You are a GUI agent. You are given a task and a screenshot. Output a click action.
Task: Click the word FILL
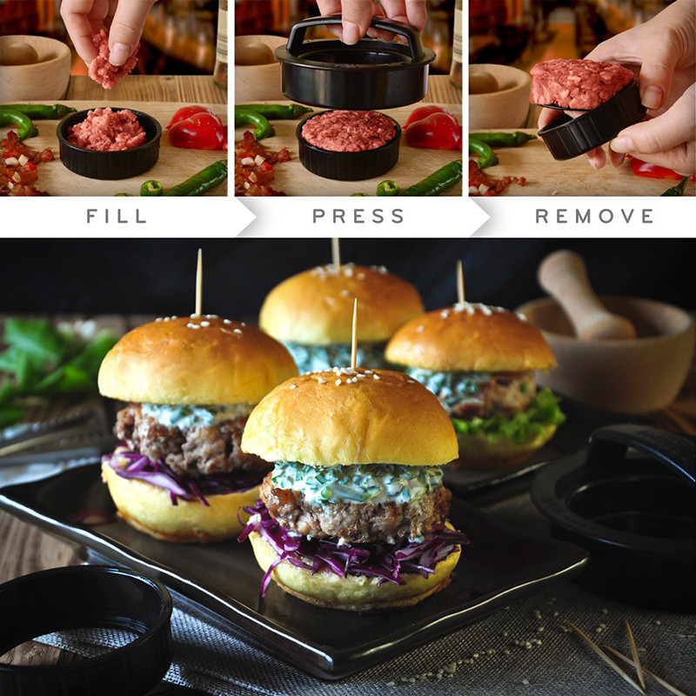[116, 216]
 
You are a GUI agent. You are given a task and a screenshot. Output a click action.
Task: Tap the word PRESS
[358, 216]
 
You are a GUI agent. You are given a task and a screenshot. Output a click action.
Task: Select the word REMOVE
[594, 216]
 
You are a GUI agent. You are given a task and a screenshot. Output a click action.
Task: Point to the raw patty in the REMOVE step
[581, 84]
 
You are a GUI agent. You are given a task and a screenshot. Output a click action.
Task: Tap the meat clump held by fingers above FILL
[111, 61]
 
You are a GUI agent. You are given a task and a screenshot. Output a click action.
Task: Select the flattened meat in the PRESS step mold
[348, 130]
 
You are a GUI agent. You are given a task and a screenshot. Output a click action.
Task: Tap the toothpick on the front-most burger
[354, 335]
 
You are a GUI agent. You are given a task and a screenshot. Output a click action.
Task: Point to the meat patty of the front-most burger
[357, 518]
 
